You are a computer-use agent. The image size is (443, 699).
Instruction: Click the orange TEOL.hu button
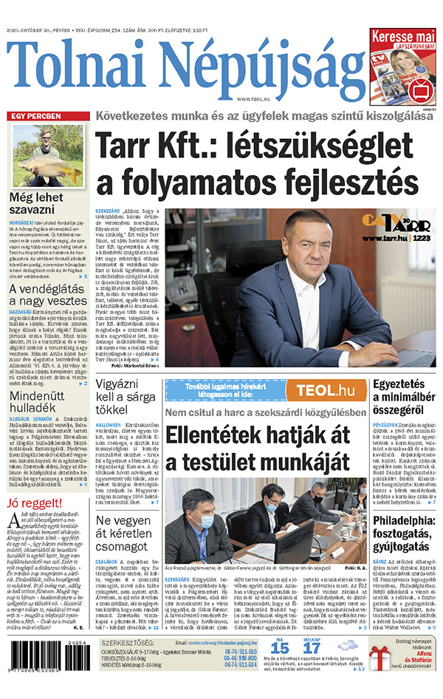tap(330, 390)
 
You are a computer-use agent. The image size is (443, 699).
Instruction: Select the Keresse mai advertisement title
tap(402, 35)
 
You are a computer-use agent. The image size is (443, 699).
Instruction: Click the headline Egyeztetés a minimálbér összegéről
tap(402, 396)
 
